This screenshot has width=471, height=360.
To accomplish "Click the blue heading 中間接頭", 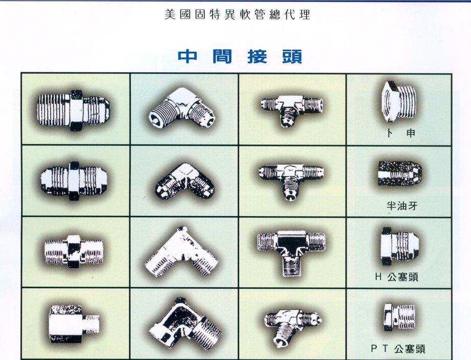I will tap(240, 56).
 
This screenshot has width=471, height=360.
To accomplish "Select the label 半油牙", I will tap(402, 207).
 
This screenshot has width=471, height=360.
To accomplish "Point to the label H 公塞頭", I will tap(396, 278).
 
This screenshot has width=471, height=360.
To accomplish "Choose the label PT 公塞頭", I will tap(398, 349).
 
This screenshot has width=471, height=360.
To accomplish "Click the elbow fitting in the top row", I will tap(182, 108).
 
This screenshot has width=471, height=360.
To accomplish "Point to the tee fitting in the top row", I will tap(291, 108).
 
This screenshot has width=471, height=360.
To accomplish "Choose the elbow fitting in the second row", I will tap(185, 181).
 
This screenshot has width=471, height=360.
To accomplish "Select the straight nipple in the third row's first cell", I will tap(73, 251).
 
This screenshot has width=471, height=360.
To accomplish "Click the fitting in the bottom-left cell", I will tap(73, 323).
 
